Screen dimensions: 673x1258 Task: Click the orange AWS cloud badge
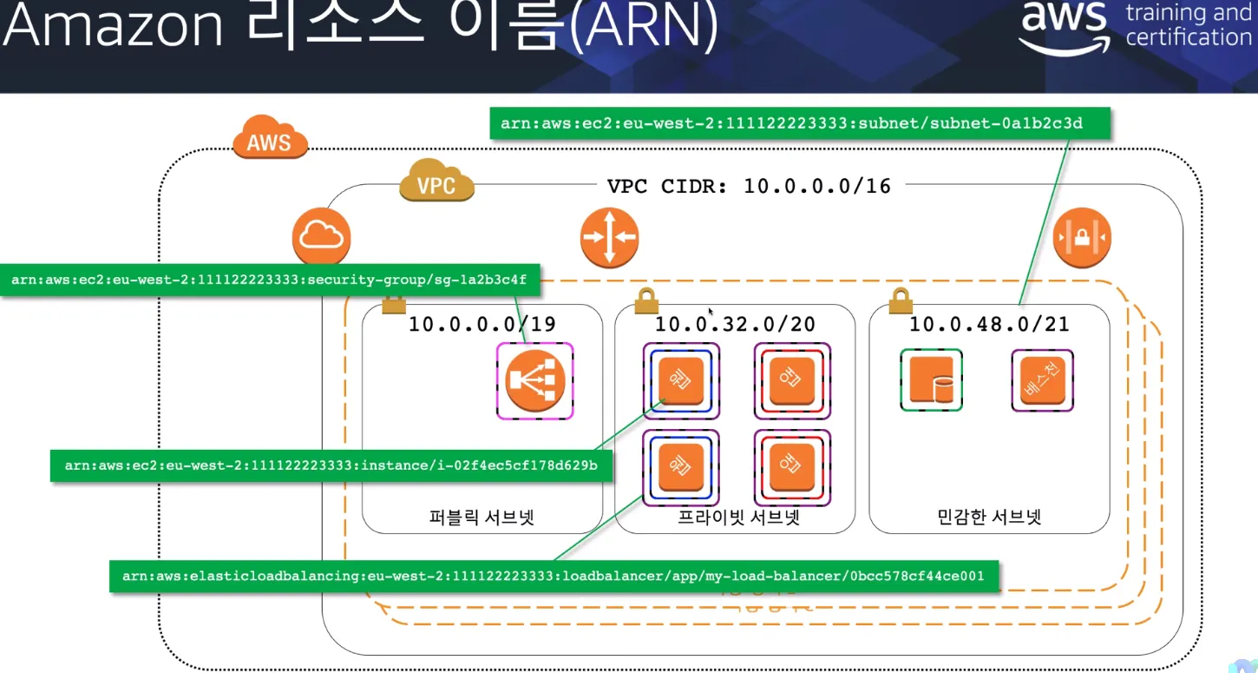click(x=270, y=140)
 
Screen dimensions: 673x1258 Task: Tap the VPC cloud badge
click(x=436, y=184)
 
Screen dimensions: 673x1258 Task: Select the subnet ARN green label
click(x=791, y=123)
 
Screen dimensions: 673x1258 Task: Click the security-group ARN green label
click(x=269, y=280)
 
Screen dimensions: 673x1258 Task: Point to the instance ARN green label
click(x=331, y=465)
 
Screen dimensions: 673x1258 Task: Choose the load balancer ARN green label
click(x=554, y=576)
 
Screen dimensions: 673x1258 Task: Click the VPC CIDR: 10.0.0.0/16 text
click(x=749, y=185)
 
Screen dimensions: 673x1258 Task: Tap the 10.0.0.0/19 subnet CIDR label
click(x=482, y=325)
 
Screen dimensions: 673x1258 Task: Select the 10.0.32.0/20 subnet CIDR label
click(x=735, y=325)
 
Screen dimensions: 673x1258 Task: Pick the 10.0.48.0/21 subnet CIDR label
click(x=989, y=325)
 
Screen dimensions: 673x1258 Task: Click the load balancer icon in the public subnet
click(x=535, y=381)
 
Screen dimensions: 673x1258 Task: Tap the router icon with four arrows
click(x=609, y=237)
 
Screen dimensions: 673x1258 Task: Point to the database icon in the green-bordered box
click(x=931, y=380)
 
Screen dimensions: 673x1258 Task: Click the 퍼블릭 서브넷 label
click(x=482, y=518)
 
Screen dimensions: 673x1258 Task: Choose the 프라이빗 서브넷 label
click(x=737, y=518)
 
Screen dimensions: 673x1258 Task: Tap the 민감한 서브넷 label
click(x=989, y=518)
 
